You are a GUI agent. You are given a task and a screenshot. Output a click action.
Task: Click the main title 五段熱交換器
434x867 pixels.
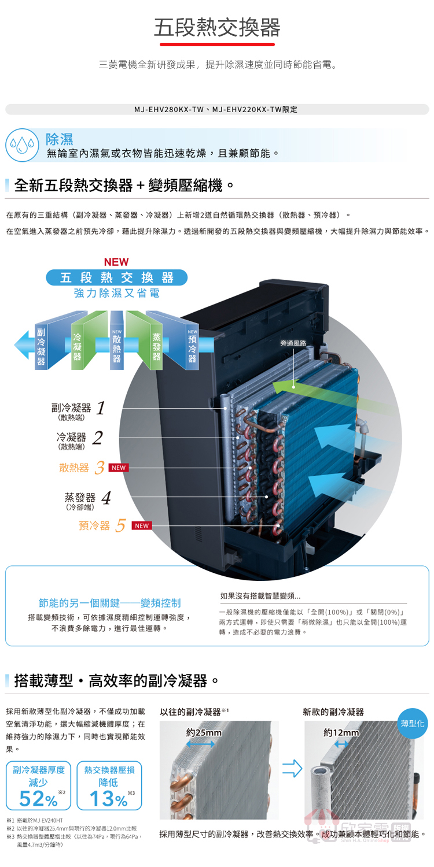point(217,27)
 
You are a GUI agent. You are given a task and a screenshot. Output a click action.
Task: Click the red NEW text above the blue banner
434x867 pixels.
point(116,262)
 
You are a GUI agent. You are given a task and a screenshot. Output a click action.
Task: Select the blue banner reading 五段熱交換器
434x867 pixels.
point(117,278)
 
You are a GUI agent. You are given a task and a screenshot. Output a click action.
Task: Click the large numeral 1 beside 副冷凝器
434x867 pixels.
point(101,408)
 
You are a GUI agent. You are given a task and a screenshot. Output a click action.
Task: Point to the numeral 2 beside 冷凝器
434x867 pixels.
point(97,438)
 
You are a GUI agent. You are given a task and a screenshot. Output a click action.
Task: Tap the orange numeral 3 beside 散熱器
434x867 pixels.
point(100,468)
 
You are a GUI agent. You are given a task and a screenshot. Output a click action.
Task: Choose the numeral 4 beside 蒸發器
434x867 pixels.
point(106,498)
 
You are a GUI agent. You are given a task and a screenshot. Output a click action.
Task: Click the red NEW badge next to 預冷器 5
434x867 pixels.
point(142,525)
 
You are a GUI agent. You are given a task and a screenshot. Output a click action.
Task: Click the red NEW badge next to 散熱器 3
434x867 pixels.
point(119,468)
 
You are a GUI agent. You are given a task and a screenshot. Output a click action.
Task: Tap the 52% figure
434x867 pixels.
point(38,799)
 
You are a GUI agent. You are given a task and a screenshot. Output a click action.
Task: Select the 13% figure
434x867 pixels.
point(108,799)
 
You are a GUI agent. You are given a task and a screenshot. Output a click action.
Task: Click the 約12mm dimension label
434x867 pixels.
point(341,733)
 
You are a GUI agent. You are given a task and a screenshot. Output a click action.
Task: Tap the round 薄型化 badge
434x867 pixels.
point(413,724)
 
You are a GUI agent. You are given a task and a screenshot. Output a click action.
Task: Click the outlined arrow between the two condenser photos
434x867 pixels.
point(292,769)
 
